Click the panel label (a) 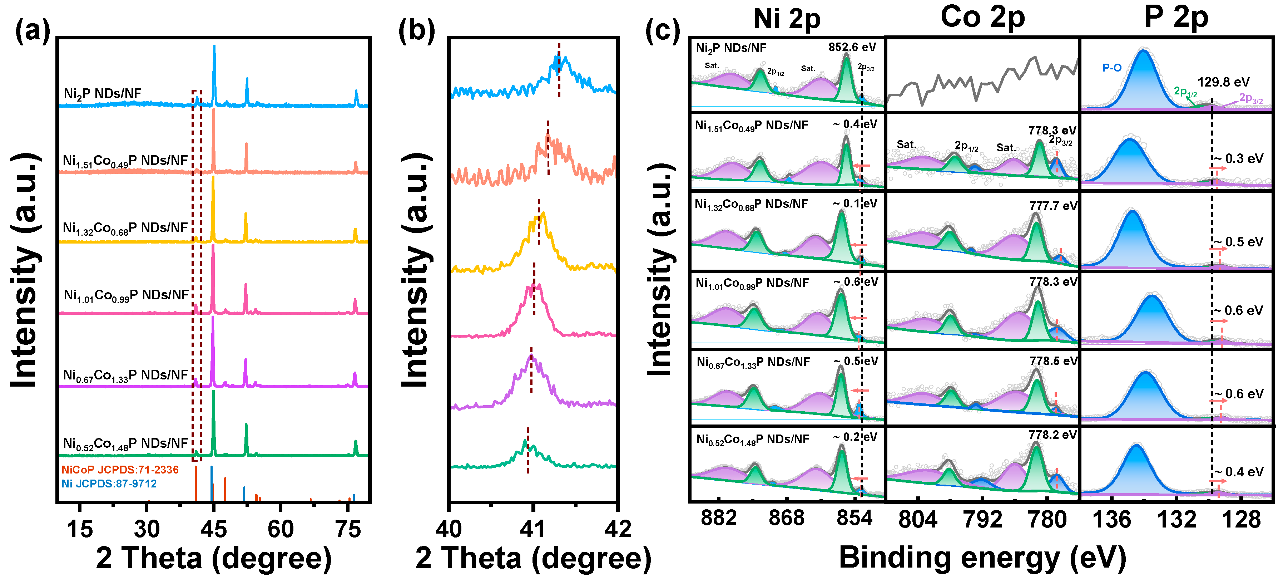[x=33, y=31]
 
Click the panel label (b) [x=416, y=31]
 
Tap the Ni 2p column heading [x=787, y=19]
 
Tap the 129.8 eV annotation [x=1223, y=82]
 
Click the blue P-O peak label [x=1112, y=68]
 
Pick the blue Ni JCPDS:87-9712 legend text [x=109, y=484]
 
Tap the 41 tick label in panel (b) [x=533, y=529]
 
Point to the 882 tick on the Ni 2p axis [x=718, y=518]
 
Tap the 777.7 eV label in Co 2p [x=1053, y=206]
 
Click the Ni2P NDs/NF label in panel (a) [x=102, y=94]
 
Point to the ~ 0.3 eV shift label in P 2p [x=1239, y=159]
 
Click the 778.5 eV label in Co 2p [x=1053, y=361]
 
